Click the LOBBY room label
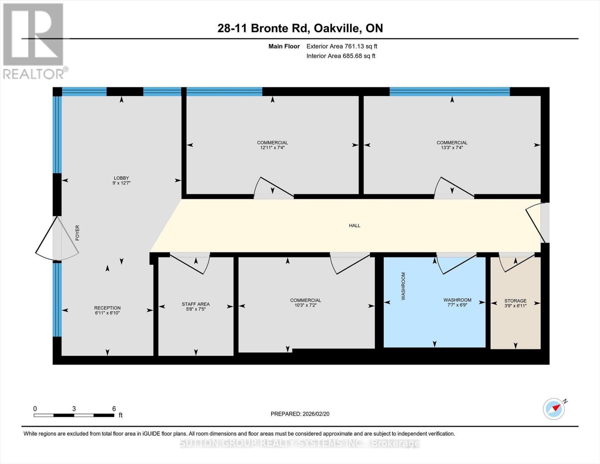(x=121, y=178)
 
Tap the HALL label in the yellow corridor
(x=354, y=225)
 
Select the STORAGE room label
(x=515, y=300)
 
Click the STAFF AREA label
(x=195, y=304)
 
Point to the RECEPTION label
(x=107, y=308)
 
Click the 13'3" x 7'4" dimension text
(x=452, y=147)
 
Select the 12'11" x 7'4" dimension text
(x=272, y=147)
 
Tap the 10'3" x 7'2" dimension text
(x=305, y=305)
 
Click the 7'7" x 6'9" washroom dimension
(x=457, y=305)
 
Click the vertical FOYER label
(x=77, y=233)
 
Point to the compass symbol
(x=554, y=408)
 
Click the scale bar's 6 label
(x=114, y=409)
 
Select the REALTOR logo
(x=34, y=41)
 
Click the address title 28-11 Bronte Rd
(x=300, y=28)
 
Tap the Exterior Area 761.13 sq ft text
(x=342, y=46)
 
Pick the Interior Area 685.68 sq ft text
(x=341, y=56)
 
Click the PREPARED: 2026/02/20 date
(x=300, y=414)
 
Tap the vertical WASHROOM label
(x=403, y=286)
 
